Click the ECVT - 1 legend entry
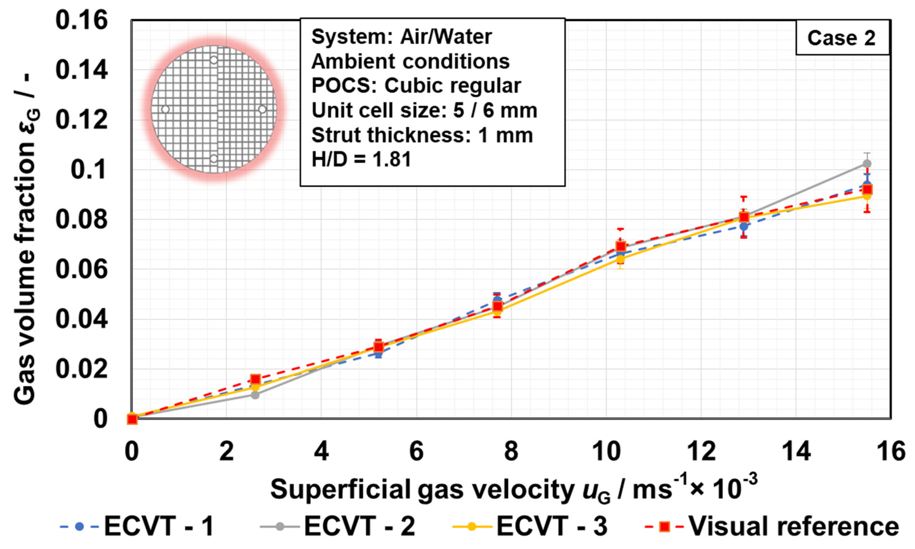point(137,526)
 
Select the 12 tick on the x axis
point(701,451)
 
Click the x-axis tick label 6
point(416,451)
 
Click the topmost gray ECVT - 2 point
point(866,163)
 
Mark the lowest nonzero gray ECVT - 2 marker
point(255,395)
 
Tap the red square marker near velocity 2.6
point(255,379)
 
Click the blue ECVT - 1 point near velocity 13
point(743,226)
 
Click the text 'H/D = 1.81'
point(361,160)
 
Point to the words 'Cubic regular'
point(453,86)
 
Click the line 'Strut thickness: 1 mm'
point(422,135)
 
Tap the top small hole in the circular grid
point(214,60)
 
